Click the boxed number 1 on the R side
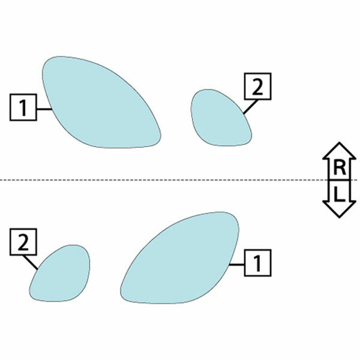[x=23, y=107]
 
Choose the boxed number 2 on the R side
[x=257, y=86]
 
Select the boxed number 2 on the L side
[x=23, y=242]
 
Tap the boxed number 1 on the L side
[x=257, y=263]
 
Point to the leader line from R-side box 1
[x=44, y=109]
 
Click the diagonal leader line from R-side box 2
[x=250, y=107]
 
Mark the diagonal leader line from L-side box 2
[x=31, y=262]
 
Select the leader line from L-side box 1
[x=237, y=265]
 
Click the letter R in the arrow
[x=340, y=168]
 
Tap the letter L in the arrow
[x=340, y=194]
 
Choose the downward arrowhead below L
[x=340, y=209]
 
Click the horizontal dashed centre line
[x=179, y=180]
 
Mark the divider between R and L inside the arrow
[x=340, y=180]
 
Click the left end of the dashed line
[x=1, y=180]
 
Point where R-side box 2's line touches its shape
[x=244, y=113]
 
